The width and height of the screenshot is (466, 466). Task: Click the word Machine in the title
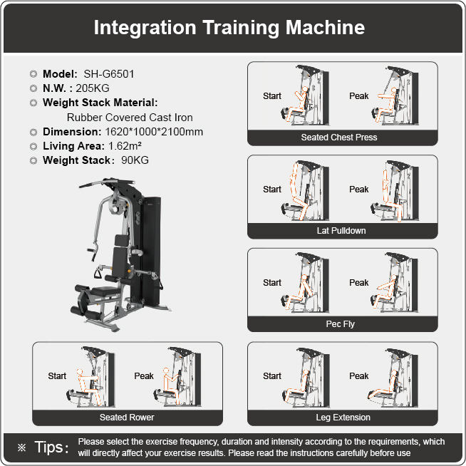coord(325,27)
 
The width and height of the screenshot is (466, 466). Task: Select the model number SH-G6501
coord(109,74)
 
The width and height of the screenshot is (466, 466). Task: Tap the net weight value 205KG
coord(93,88)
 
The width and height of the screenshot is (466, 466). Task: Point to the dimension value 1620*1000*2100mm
coord(154,132)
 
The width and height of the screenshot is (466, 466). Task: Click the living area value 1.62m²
coord(125,146)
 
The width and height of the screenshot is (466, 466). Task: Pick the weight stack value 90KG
coord(135,160)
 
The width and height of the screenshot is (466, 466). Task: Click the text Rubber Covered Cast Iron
coord(130,118)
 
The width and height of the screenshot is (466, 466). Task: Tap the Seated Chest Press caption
coord(339,138)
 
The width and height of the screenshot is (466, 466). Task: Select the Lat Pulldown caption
coord(341,231)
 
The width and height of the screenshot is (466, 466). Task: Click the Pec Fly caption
coord(341,324)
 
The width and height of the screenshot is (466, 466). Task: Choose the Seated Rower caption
coord(127,418)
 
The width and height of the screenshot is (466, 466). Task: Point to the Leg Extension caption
coord(343,418)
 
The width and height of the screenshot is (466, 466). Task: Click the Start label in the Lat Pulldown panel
coord(272,190)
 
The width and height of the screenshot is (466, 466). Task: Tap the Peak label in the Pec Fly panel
coord(358,283)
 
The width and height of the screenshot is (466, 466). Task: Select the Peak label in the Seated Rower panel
coord(144,376)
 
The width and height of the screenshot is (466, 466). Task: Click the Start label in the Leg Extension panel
coord(272,376)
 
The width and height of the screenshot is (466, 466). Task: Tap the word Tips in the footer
coord(49,447)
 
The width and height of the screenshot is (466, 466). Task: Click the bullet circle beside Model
coord(33,74)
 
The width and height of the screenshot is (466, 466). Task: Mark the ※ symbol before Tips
coord(21,447)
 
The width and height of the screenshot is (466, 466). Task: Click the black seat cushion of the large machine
coord(104,291)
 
